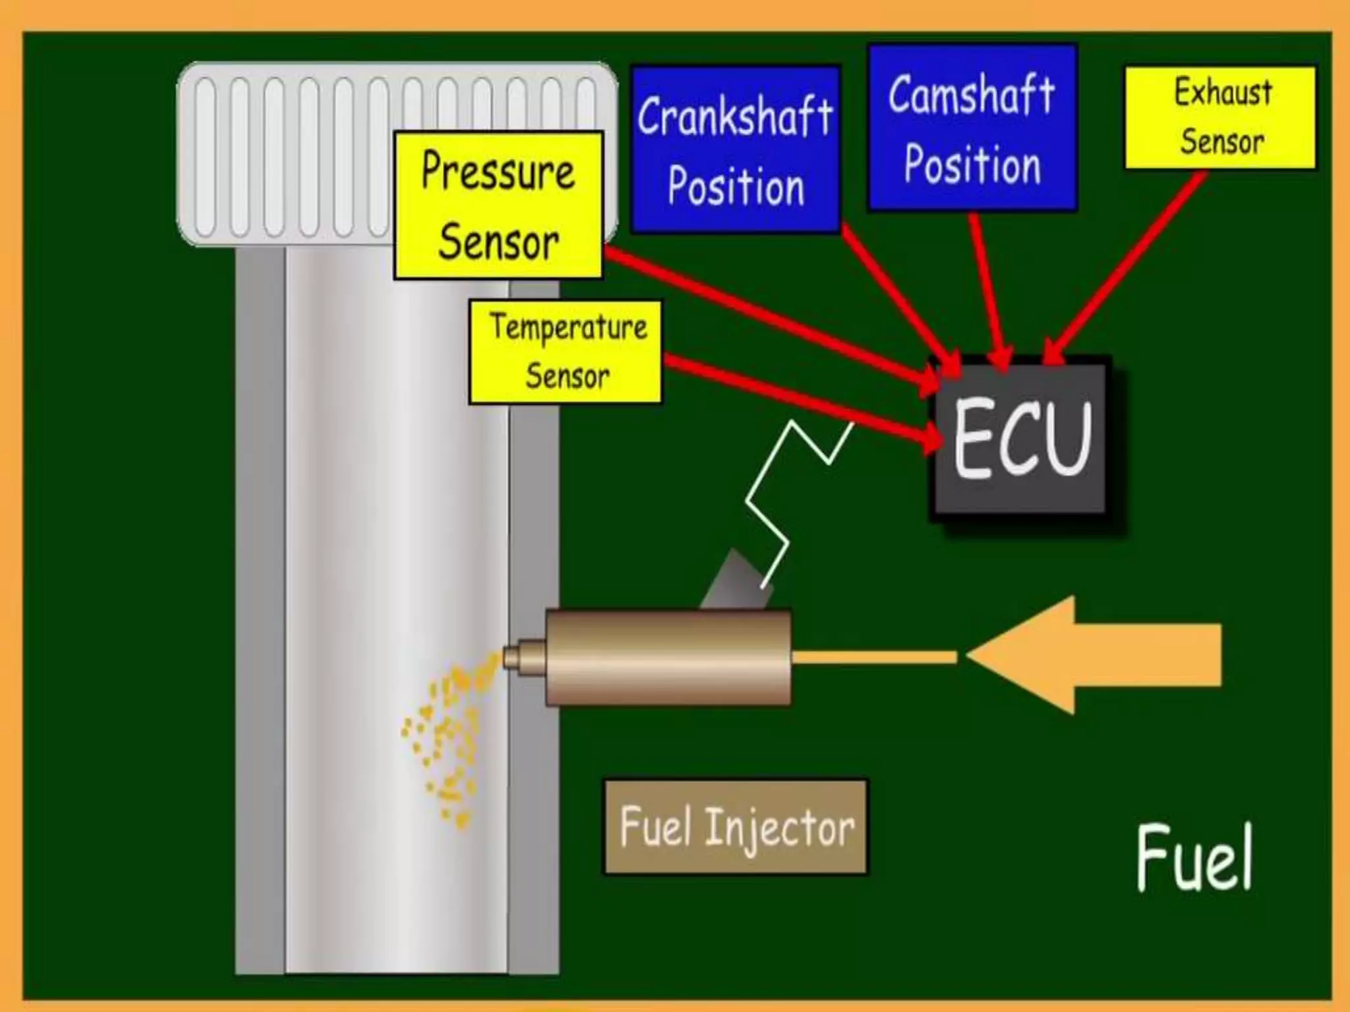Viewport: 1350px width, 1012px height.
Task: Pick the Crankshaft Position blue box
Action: point(736,149)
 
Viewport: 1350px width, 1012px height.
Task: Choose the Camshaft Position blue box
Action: point(972,127)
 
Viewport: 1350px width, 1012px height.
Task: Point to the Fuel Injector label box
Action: point(736,827)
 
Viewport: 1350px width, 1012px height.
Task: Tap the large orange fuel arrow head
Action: point(1028,656)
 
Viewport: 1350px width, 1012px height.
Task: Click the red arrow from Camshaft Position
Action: point(989,290)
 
